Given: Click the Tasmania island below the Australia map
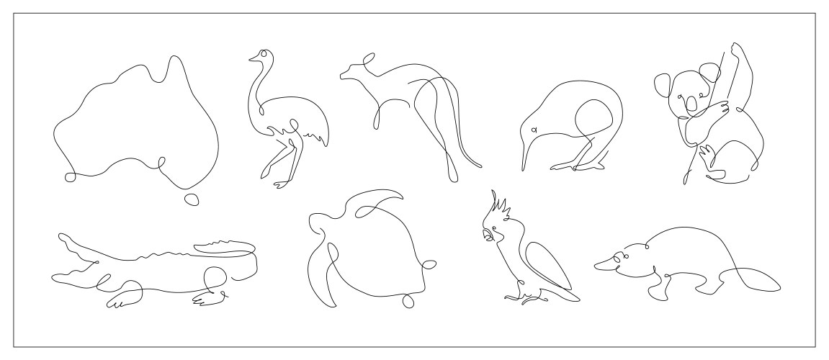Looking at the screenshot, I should click(192, 199).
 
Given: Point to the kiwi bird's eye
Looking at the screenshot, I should click(534, 130).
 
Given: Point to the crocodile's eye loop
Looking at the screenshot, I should click(212, 276).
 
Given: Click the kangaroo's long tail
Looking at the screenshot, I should click(472, 155).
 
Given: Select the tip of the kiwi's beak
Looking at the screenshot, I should click(522, 169).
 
